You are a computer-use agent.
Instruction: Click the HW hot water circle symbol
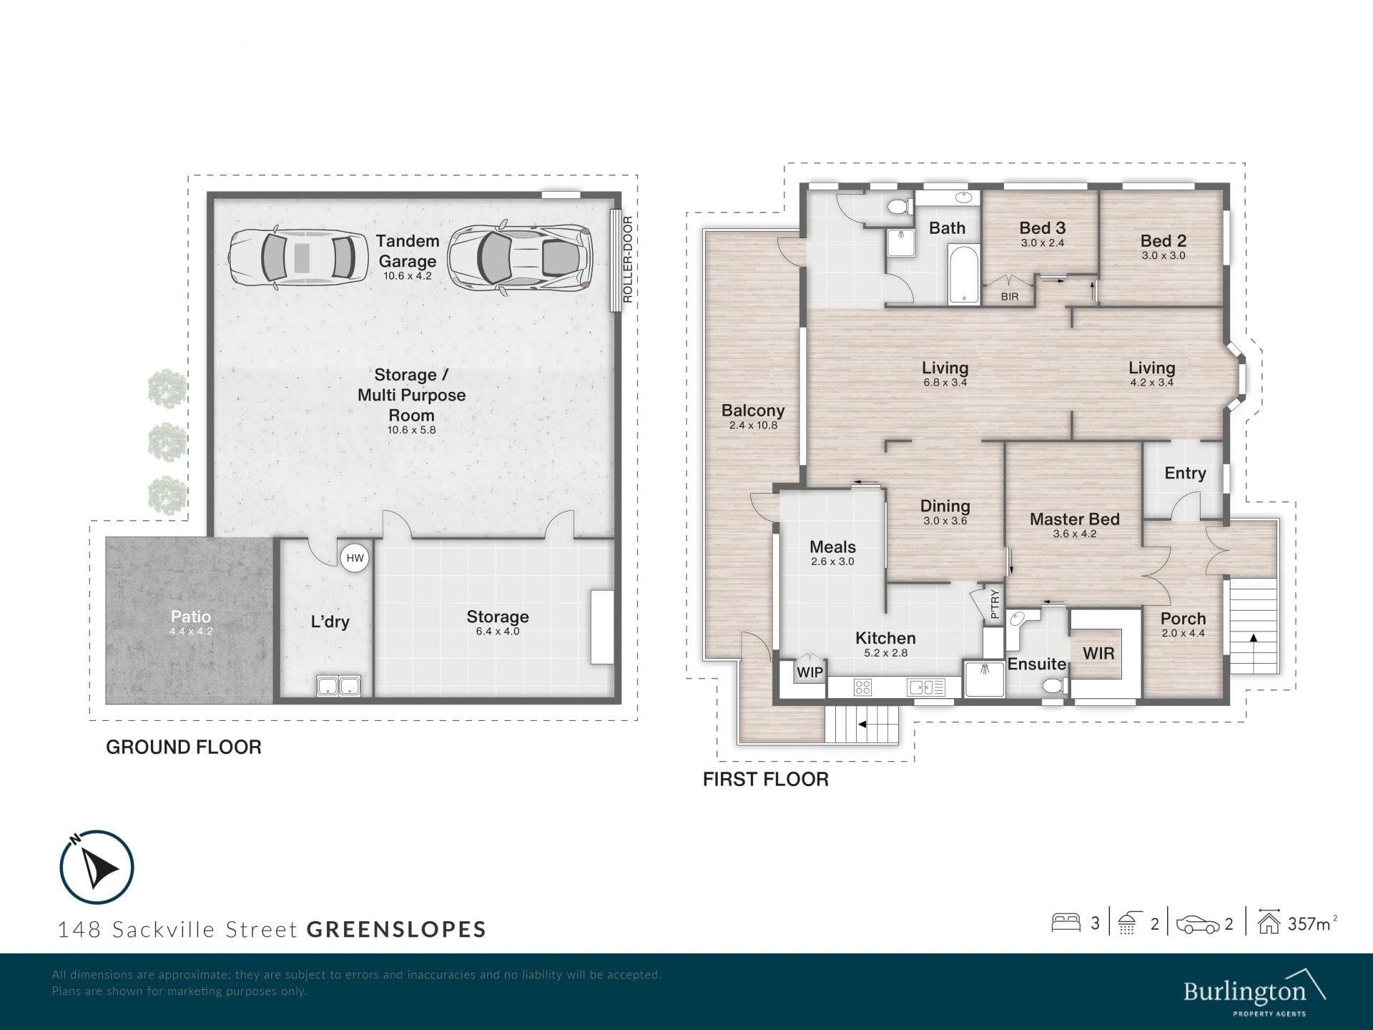point(355,558)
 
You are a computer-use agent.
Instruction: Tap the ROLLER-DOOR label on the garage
point(628,260)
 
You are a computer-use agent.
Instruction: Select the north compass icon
point(97,867)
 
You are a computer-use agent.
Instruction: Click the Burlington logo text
point(1244,992)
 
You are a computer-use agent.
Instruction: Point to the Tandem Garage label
point(408,251)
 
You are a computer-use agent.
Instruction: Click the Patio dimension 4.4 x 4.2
point(191,632)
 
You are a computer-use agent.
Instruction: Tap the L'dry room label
point(330,622)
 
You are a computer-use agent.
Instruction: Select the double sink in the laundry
point(339,687)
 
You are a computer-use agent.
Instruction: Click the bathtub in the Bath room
point(964,275)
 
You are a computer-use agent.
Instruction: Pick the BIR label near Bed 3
point(1010,297)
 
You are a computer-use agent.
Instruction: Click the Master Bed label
point(1075,519)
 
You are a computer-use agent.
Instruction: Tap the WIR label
point(1098,653)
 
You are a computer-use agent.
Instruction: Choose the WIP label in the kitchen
point(810,672)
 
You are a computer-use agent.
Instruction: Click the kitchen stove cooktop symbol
point(863,688)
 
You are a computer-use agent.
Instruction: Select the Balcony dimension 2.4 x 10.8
point(753,426)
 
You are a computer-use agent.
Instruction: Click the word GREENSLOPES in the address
point(397,930)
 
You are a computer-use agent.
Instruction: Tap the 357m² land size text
point(1312,923)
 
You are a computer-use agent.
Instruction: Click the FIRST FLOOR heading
point(766,780)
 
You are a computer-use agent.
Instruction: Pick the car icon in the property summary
point(1198,924)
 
